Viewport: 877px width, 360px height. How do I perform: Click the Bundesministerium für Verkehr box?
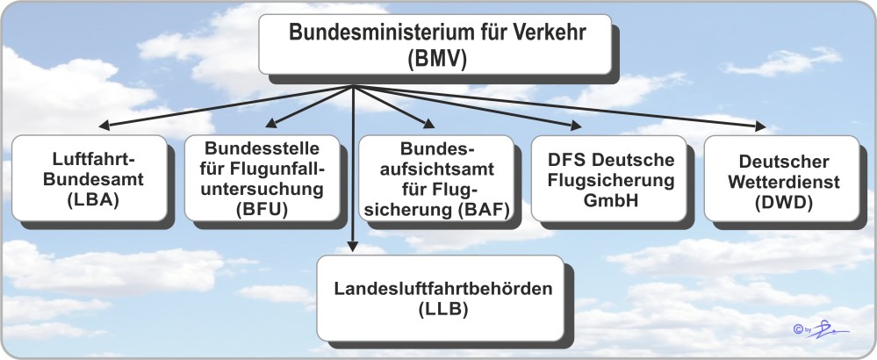point(435,45)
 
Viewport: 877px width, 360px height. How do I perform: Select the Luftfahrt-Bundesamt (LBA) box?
point(90,176)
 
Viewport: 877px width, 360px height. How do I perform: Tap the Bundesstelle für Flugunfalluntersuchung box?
point(261,176)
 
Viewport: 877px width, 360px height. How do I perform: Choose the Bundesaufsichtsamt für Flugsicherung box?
point(435,176)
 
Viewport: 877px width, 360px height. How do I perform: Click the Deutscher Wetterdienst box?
point(781,176)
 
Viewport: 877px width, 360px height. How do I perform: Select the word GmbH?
point(604,199)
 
